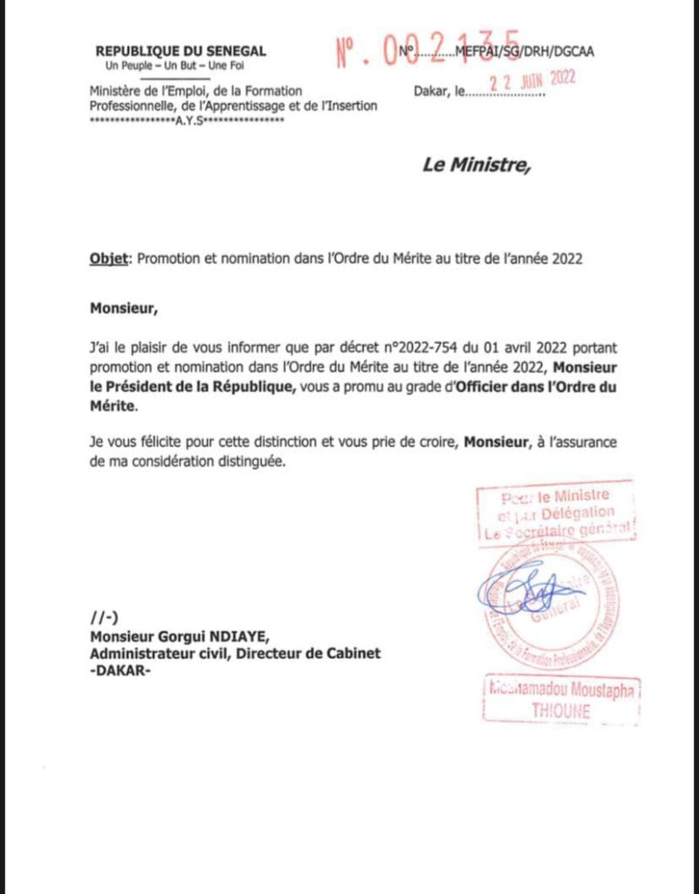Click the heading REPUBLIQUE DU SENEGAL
click(181, 52)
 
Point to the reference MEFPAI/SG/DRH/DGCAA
click(525, 52)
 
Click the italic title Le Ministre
click(476, 164)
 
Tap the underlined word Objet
click(109, 258)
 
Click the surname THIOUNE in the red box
click(560, 711)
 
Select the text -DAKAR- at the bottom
click(120, 670)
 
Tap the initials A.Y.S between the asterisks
click(188, 120)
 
